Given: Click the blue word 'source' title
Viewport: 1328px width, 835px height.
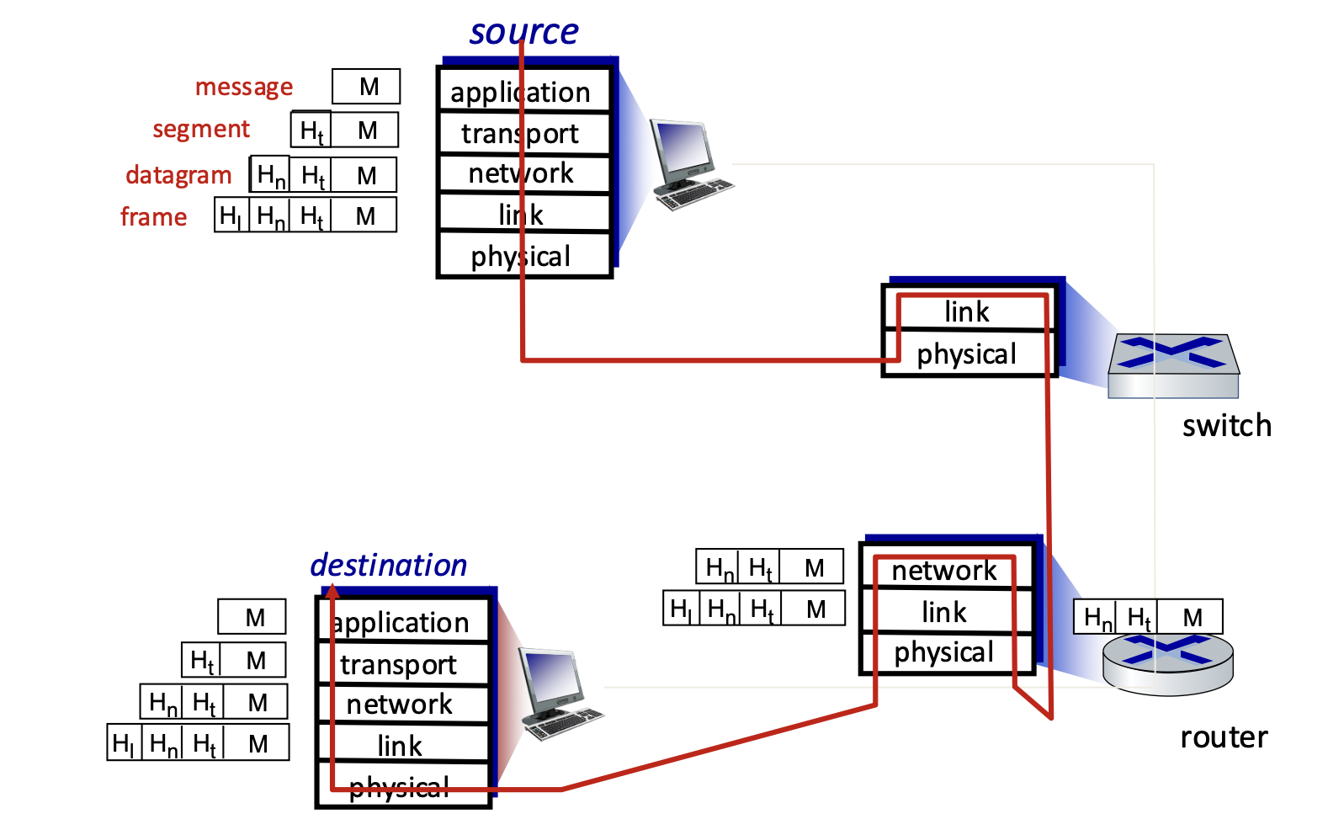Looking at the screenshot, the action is [x=524, y=32].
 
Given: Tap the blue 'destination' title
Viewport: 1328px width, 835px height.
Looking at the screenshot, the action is [x=389, y=565].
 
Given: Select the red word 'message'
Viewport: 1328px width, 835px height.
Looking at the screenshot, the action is [x=244, y=88].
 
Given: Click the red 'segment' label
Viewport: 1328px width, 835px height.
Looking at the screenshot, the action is [x=202, y=130].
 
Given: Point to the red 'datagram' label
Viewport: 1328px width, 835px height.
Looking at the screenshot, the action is [x=178, y=176].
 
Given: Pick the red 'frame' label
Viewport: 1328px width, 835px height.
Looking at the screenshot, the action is [x=153, y=217].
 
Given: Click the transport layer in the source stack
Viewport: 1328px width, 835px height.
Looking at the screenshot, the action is [x=524, y=134].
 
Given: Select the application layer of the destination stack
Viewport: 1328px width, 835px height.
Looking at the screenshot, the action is [x=403, y=622].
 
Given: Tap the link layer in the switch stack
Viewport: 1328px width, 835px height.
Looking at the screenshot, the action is [x=968, y=311].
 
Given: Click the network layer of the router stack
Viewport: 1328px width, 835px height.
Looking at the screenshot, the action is [x=946, y=570].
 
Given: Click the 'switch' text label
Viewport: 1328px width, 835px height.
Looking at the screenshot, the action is [x=1227, y=426].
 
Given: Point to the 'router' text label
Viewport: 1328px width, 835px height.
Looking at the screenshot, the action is [x=1224, y=737].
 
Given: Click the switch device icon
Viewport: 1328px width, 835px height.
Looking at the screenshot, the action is [x=1173, y=366].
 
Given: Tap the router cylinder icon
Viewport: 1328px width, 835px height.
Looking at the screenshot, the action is [x=1168, y=663].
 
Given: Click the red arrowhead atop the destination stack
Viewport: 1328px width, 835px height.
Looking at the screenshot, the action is [x=332, y=591].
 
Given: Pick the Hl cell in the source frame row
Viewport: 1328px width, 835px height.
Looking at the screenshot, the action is [x=231, y=215].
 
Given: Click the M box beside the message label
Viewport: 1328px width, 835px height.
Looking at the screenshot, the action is [x=366, y=87].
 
